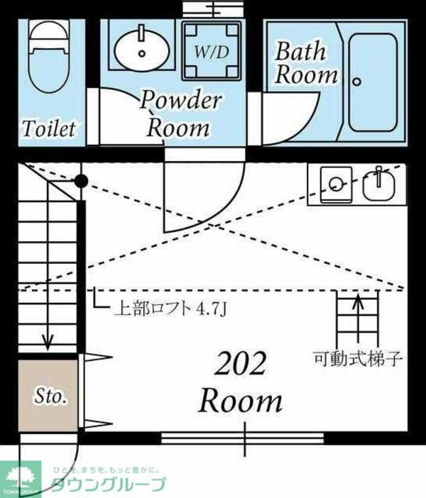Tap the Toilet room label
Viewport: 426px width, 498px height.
point(48,128)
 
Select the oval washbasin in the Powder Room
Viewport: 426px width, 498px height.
point(141,50)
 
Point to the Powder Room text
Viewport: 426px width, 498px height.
point(179,114)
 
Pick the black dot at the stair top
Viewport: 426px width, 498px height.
point(81,182)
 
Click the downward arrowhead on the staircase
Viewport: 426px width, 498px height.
point(47,343)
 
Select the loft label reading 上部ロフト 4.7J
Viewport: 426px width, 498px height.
point(170,309)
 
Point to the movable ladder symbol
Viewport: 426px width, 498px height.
point(356,319)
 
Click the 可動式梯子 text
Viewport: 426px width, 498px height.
point(358,358)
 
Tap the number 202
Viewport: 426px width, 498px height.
point(240,365)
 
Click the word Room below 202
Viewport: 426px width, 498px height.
point(240,402)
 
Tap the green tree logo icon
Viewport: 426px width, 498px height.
point(21,478)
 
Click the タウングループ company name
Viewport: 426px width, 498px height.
point(109,485)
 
